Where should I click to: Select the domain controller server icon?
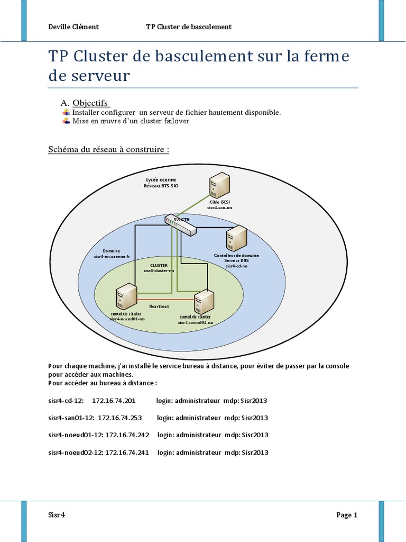[236, 238]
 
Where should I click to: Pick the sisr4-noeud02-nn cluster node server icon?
[204, 303]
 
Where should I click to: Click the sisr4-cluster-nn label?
[159, 270]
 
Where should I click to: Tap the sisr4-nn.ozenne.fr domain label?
[112, 256]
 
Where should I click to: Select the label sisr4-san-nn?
[219, 208]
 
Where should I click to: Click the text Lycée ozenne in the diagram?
[161, 180]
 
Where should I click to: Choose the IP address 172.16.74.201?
[114, 401]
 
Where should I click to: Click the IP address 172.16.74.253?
[120, 418]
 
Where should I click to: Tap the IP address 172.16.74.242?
[127, 435]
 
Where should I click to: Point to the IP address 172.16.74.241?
[127, 453]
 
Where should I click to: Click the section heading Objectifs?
[90, 103]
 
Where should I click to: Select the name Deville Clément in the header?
[73, 27]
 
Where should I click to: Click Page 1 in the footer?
[347, 515]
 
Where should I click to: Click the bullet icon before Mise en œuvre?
[66, 121]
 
